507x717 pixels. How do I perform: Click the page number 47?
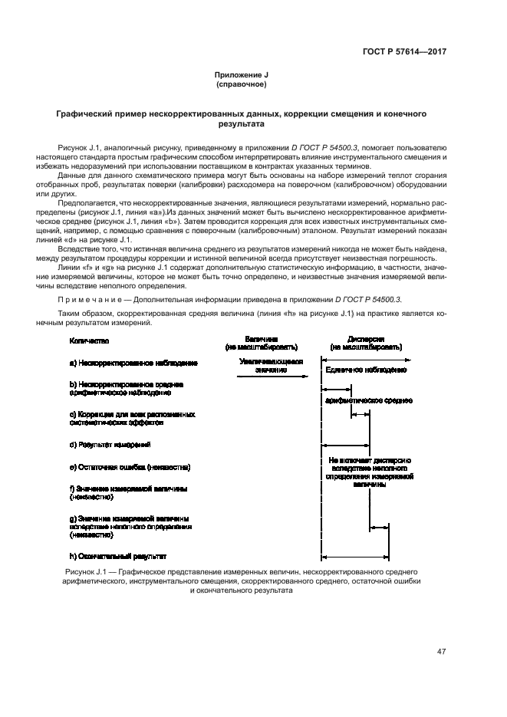[x=442, y=652]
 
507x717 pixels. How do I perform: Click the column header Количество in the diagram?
[x=89, y=340]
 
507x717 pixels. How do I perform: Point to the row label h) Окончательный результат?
[x=117, y=556]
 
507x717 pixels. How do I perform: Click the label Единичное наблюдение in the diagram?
[x=366, y=370]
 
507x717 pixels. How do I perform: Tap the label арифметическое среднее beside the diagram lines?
[x=369, y=400]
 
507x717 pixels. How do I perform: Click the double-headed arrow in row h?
[x=356, y=557]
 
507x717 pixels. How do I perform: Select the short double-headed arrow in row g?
[x=378, y=528]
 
